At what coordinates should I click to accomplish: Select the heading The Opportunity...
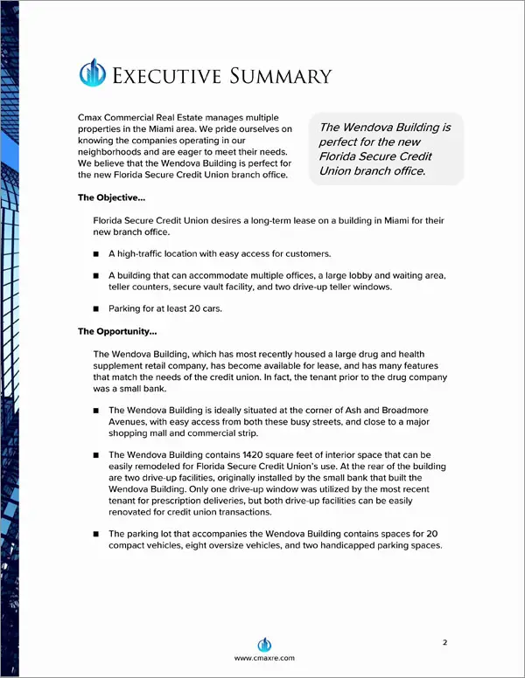tap(118, 331)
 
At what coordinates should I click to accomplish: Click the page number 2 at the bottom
tap(444, 642)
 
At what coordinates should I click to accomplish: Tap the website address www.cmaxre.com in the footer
tap(262, 658)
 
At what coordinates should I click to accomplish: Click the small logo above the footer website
tap(262, 641)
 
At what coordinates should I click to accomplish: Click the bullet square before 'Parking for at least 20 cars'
tap(96, 308)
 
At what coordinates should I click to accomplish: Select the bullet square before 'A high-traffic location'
tap(96, 253)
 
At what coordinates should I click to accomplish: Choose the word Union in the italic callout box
tap(337, 170)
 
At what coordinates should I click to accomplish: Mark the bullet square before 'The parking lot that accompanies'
tap(96, 533)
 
